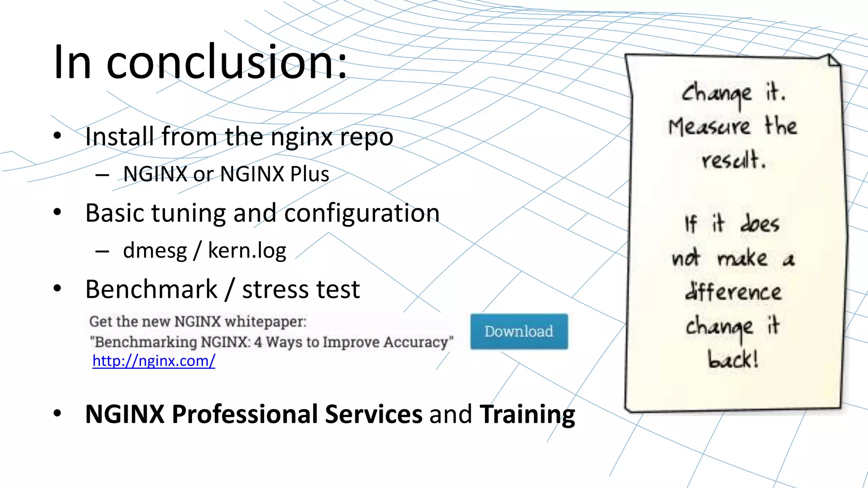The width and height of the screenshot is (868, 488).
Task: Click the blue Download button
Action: (x=519, y=331)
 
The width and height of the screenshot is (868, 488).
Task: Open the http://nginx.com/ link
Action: (x=154, y=361)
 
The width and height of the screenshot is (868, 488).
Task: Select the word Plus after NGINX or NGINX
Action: (x=310, y=174)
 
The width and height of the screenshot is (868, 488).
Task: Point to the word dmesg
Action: (x=155, y=251)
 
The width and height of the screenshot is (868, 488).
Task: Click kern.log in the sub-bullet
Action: (x=247, y=251)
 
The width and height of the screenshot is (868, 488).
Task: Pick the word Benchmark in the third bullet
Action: (x=151, y=289)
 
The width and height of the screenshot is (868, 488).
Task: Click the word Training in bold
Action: (x=527, y=414)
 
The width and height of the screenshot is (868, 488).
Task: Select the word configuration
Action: (x=362, y=213)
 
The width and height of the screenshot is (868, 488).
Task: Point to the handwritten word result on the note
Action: (x=733, y=161)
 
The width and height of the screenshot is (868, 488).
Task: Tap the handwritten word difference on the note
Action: (x=733, y=291)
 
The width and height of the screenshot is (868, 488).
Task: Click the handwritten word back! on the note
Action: (x=733, y=360)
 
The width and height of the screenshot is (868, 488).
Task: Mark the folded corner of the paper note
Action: (x=833, y=61)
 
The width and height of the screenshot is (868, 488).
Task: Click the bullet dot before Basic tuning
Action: (x=58, y=212)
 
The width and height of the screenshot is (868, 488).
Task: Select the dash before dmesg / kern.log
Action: (x=102, y=252)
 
